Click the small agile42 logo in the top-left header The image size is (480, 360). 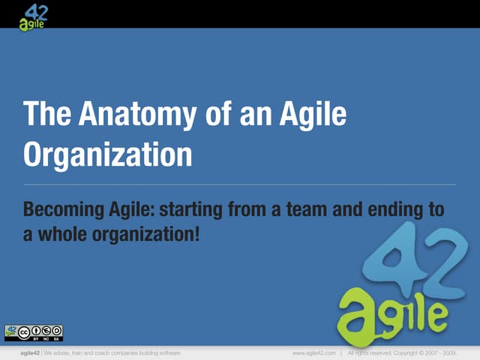34,14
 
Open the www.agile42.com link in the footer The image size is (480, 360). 313,352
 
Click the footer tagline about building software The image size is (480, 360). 112,352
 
